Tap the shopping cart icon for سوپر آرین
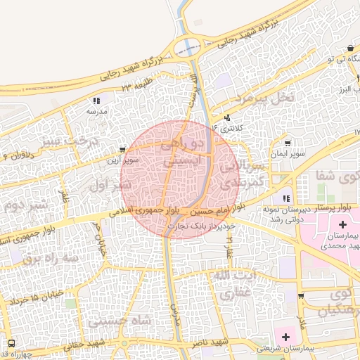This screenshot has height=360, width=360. point(123,150)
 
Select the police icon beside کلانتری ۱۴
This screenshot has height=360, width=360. point(226,118)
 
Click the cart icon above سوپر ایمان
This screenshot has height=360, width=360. point(287,143)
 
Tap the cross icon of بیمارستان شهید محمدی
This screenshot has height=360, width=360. point(342,225)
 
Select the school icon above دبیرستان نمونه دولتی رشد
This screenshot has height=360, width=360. point(285,198)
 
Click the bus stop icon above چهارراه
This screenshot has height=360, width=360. point(12,343)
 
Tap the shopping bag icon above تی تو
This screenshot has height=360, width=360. point(349,48)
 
